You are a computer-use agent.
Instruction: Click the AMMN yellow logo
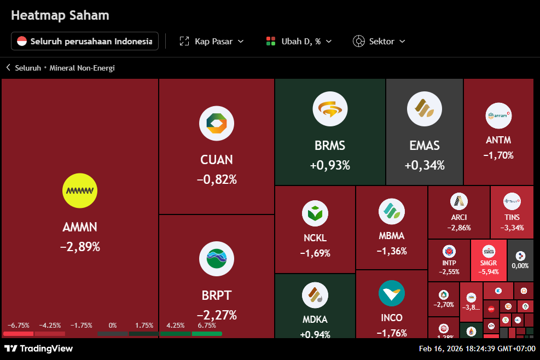[x=80, y=191]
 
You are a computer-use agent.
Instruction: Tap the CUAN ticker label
[x=217, y=160]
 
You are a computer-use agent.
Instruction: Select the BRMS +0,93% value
[x=330, y=165]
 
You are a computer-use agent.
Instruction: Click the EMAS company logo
[x=425, y=108]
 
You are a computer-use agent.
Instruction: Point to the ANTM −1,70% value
[x=498, y=155]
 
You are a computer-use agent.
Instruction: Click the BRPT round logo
[x=217, y=259]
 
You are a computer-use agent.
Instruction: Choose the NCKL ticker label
[x=315, y=238]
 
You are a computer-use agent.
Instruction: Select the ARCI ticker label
[x=459, y=217]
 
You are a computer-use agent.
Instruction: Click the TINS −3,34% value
[x=512, y=228]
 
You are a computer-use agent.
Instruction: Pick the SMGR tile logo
[x=489, y=252]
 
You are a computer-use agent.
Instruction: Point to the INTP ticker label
[x=449, y=263]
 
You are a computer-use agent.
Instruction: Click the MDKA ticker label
[x=315, y=319]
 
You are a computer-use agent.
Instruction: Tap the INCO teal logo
[x=392, y=293]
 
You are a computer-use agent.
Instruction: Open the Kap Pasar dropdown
[x=212, y=41]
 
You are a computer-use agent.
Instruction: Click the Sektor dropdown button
[x=379, y=41]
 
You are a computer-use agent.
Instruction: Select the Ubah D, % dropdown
[x=299, y=41]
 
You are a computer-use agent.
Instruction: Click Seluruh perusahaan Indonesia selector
[x=85, y=41]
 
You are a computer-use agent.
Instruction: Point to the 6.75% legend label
[x=207, y=325]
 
